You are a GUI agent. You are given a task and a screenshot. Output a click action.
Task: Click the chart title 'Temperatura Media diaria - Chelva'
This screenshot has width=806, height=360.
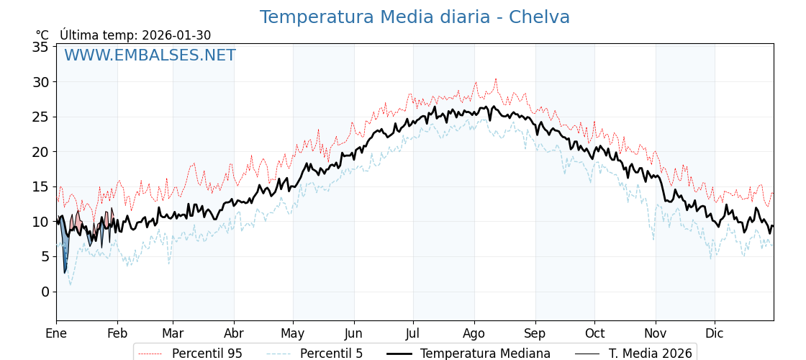pos(415,17)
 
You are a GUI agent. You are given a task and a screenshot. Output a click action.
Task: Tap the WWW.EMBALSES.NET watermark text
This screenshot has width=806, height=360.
pos(150,55)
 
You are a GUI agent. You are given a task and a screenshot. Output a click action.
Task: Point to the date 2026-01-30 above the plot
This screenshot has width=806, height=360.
pos(176,35)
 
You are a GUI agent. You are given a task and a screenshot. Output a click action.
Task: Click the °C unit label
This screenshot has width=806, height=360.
pos(42,35)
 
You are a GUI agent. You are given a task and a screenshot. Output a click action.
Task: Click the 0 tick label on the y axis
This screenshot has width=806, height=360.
pos(45,292)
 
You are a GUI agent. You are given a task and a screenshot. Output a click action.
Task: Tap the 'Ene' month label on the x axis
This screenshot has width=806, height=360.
pos(56,333)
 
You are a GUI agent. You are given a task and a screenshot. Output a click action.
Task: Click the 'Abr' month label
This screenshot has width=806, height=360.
pos(234,333)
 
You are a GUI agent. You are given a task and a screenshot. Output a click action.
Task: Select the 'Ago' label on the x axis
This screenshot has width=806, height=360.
pos(474,333)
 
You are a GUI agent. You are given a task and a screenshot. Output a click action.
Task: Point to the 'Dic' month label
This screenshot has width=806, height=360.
pos(715,333)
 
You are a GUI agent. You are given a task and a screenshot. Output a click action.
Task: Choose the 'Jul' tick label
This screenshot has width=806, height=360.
pos(413,333)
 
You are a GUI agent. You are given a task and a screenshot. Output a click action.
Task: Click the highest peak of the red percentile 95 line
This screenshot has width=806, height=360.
pos(495,78)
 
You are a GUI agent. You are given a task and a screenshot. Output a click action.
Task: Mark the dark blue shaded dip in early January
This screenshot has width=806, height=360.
pos(65,252)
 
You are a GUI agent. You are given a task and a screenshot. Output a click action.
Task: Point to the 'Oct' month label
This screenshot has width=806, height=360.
pos(594,333)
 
